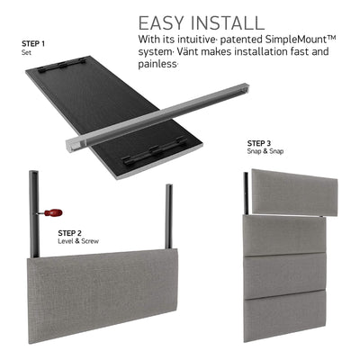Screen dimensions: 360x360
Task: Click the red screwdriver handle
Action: [53, 213]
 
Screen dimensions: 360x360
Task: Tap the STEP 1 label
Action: [33, 44]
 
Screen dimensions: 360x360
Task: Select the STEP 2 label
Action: [69, 233]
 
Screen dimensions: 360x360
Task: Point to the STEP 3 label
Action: [259, 143]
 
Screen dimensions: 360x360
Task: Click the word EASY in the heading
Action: [161, 22]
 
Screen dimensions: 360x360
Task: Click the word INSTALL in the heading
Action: [228, 22]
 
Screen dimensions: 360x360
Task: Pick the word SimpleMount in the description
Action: [301, 40]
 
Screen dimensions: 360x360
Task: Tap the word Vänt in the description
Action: [186, 51]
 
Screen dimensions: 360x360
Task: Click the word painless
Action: [157, 64]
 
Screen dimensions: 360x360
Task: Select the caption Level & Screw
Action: [78, 241]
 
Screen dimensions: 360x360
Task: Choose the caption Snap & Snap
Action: [265, 151]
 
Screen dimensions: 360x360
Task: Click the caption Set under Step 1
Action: [26, 52]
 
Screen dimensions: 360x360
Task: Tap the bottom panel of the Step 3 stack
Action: [285, 316]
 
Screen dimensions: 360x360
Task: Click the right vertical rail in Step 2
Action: [169, 217]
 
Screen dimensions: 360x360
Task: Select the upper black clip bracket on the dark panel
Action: [64, 66]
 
